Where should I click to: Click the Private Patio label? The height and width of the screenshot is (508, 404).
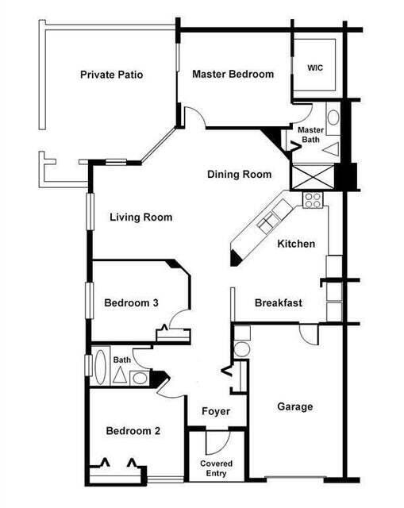[116, 75]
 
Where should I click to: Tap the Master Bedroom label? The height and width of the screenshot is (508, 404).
[233, 74]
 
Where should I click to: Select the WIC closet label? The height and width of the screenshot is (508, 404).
[315, 68]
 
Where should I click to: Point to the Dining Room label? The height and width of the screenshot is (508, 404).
[239, 175]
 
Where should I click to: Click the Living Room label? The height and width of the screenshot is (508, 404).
[140, 217]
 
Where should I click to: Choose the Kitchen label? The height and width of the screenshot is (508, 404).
[296, 244]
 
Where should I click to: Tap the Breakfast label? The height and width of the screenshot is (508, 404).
[278, 302]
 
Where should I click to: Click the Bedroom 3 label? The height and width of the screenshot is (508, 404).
[132, 302]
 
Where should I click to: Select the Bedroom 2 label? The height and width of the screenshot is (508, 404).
[133, 431]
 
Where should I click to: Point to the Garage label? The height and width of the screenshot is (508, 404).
[294, 406]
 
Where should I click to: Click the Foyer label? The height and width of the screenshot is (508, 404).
[215, 411]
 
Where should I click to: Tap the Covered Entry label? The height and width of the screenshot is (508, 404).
[215, 467]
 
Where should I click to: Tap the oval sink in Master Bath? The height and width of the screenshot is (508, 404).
[333, 119]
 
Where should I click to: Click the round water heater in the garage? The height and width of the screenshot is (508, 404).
[242, 348]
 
